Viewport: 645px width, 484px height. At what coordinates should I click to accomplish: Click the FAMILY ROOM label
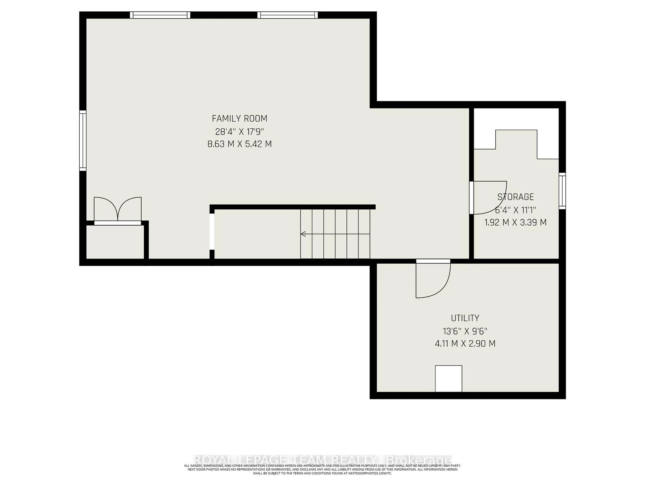click(239, 118)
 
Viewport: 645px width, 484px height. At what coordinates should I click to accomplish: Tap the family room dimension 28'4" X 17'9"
click(239, 132)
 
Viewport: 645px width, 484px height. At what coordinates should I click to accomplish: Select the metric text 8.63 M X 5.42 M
click(239, 144)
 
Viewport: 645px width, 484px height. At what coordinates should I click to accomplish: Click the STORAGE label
click(515, 197)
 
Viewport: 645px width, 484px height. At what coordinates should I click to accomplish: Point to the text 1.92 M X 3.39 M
click(515, 223)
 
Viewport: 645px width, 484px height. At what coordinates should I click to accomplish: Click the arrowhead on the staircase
click(303, 234)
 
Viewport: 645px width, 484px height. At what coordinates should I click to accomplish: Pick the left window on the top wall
click(160, 15)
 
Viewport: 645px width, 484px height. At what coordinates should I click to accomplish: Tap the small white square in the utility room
click(448, 378)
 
